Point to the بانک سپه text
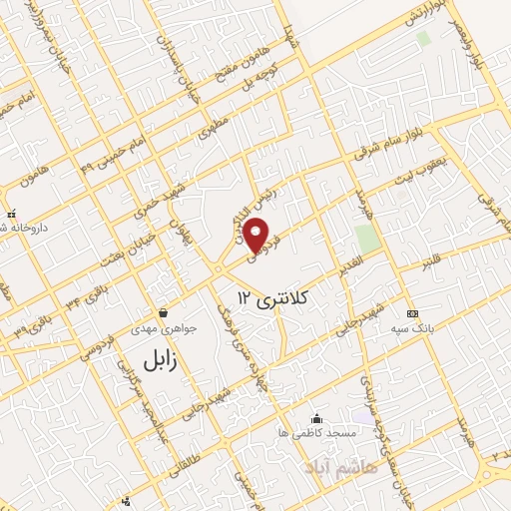(x=412, y=328)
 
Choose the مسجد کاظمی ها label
(x=316, y=434)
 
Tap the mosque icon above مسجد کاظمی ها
(x=316, y=418)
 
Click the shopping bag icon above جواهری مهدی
(x=162, y=312)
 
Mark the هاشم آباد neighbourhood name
(x=338, y=467)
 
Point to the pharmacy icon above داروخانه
(x=10, y=214)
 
